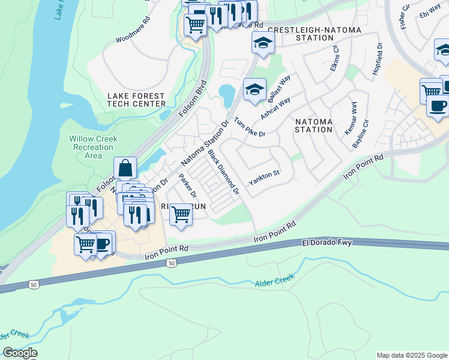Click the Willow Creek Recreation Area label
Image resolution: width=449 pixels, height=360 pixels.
(x=93, y=147)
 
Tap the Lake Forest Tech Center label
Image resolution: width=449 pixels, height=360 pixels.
(x=136, y=100)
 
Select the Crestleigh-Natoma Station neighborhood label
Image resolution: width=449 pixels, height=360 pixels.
(x=300, y=33)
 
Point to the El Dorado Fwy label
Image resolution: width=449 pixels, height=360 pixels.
(x=327, y=243)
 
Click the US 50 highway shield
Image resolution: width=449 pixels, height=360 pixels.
(x=172, y=263)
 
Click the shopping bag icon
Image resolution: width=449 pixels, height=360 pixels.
(x=125, y=169)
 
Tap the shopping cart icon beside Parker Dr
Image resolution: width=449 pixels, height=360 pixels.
(x=181, y=214)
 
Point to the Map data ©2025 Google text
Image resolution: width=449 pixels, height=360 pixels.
(x=412, y=355)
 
